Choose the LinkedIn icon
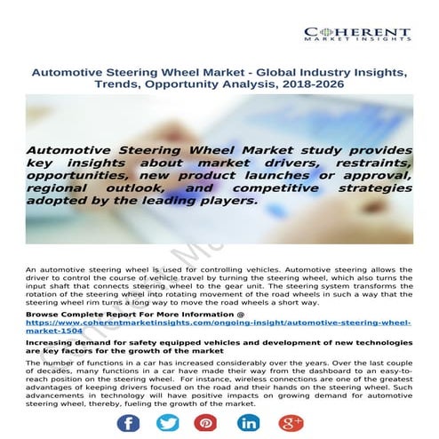251,420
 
